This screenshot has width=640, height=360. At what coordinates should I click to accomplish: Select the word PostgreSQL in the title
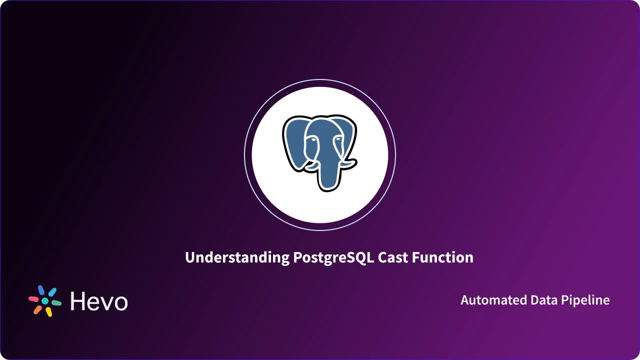332,257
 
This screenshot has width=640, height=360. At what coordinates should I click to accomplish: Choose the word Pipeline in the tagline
586,300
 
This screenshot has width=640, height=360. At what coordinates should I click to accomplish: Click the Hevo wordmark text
99,301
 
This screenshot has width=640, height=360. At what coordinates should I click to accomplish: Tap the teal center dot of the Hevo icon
45,301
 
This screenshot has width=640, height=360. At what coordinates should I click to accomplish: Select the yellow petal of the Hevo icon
49,312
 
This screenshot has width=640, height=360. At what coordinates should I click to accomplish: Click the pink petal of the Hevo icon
33,298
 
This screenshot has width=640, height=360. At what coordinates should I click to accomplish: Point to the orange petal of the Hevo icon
37,309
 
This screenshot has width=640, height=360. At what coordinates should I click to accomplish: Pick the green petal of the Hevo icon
56,303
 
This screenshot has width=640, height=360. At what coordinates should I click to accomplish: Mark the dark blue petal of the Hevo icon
41,290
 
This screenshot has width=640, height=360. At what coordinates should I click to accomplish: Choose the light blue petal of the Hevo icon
52,292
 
